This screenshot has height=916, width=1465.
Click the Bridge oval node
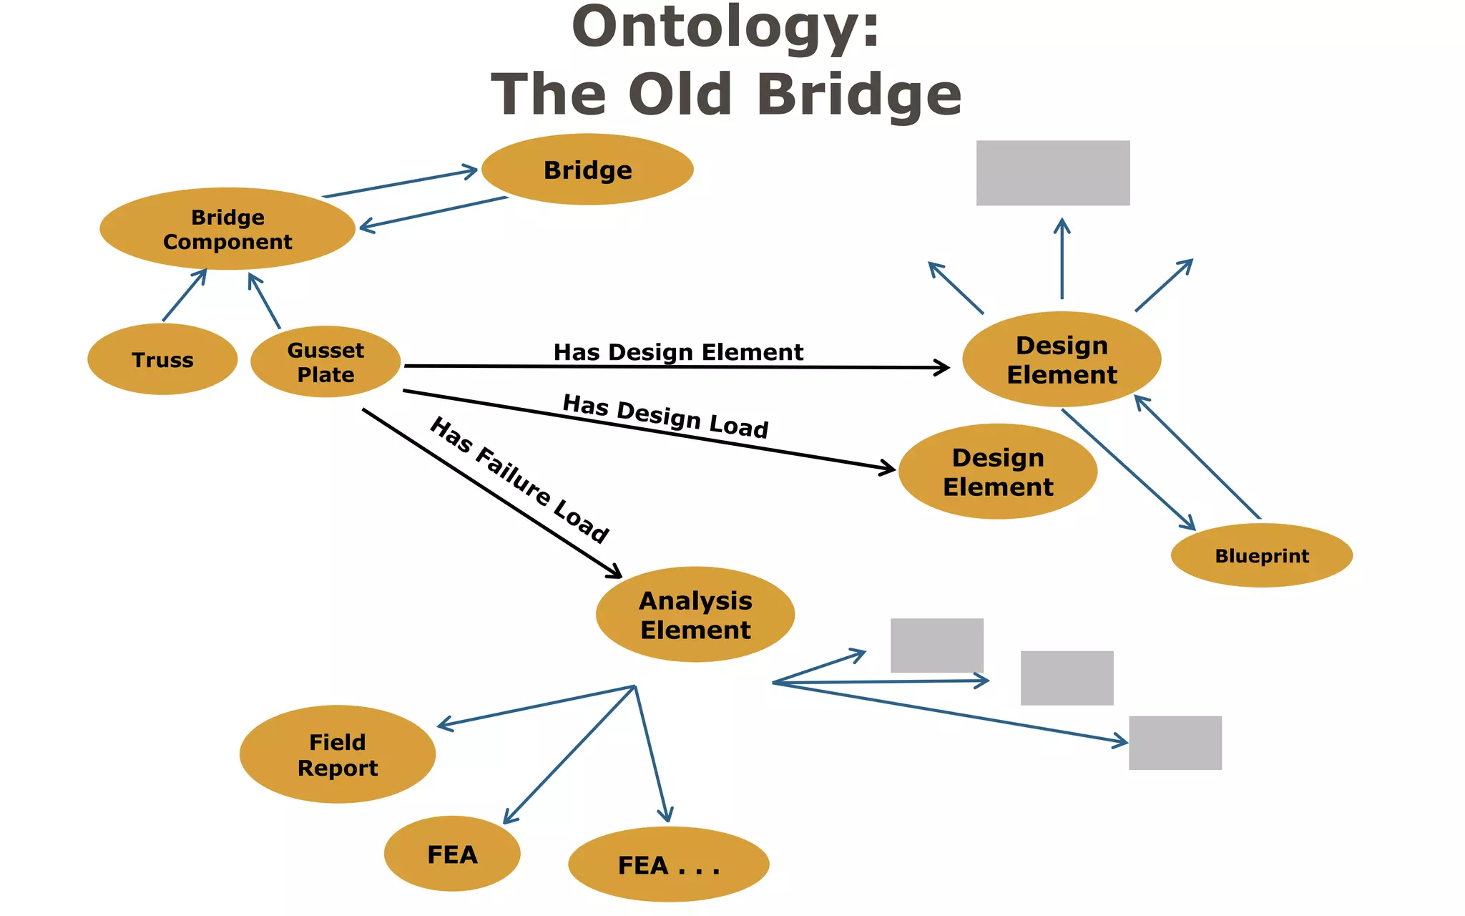[587, 170]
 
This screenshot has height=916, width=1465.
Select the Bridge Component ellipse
[227, 229]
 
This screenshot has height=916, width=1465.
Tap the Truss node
[162, 359]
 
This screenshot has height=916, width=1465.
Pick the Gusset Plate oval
[325, 362]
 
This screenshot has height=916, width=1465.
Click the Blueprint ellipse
[1262, 555]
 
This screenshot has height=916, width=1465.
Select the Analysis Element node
[695, 615]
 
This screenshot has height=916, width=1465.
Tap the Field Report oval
[338, 754]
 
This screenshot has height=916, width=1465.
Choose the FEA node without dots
[452, 854]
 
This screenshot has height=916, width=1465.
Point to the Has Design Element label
[678, 352]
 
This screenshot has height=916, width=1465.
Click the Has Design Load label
[665, 416]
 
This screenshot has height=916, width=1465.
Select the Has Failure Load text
[519, 479]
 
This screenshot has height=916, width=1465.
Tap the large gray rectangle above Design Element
[1053, 173]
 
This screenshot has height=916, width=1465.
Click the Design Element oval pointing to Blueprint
[1062, 359]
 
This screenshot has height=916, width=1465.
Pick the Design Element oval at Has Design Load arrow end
[998, 472]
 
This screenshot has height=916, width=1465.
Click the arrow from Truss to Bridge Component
[185, 295]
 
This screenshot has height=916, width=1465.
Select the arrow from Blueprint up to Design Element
[1197, 457]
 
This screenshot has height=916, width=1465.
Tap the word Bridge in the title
[858, 94]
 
